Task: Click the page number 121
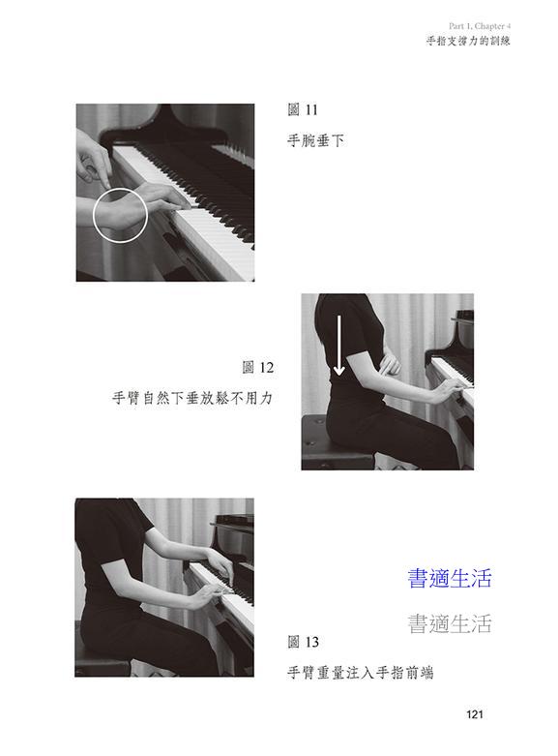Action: click(x=474, y=714)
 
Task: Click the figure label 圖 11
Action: click(x=303, y=110)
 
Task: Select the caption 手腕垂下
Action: click(x=315, y=140)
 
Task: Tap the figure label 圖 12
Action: click(x=258, y=368)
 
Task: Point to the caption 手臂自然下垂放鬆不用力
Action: click(x=192, y=398)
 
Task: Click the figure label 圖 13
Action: click(x=303, y=642)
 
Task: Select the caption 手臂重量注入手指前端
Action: click(x=361, y=673)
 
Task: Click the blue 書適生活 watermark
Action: click(x=449, y=578)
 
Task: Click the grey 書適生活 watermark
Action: click(x=449, y=623)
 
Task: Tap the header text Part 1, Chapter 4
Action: click(x=480, y=26)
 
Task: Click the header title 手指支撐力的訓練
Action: click(x=468, y=41)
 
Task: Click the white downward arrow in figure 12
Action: click(x=339, y=346)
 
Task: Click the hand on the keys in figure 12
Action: click(x=452, y=387)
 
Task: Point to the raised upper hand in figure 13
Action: click(x=220, y=563)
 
